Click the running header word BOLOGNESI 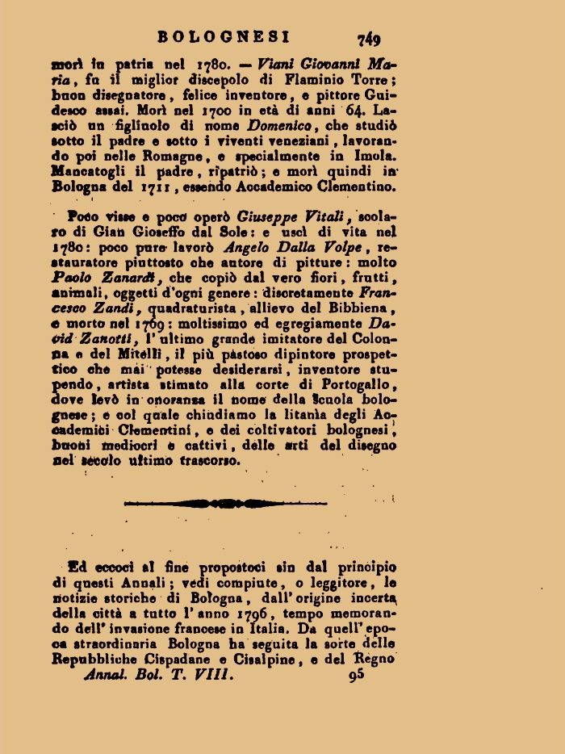pyautogui.click(x=224, y=37)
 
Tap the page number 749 pyautogui.click(x=369, y=38)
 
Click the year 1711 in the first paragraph pyautogui.click(x=154, y=187)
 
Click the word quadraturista pyautogui.click(x=191, y=308)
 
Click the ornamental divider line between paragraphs pyautogui.click(x=227, y=504)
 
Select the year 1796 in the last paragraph pyautogui.click(x=248, y=613)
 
